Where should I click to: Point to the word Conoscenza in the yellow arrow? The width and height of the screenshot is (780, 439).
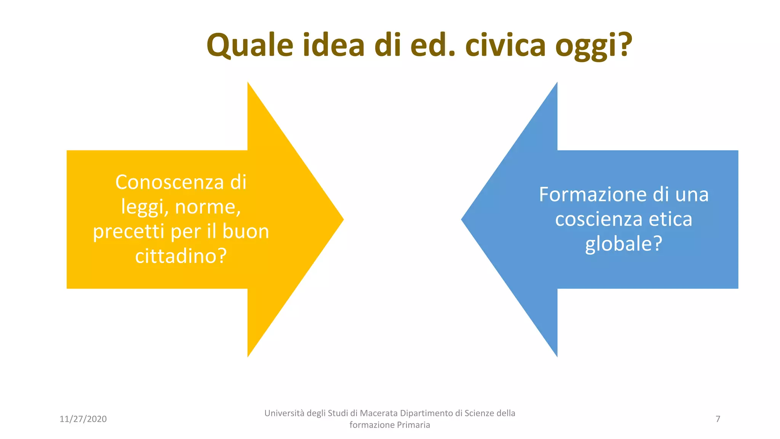coord(169,182)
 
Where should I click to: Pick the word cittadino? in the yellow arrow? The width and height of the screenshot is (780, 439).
coord(181,256)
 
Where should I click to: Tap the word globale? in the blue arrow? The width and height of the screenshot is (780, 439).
coord(623,244)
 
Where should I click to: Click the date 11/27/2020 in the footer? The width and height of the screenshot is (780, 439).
coord(83,419)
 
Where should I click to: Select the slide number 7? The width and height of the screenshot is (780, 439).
coord(718,419)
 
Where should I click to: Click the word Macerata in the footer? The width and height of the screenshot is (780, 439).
coord(379,413)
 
